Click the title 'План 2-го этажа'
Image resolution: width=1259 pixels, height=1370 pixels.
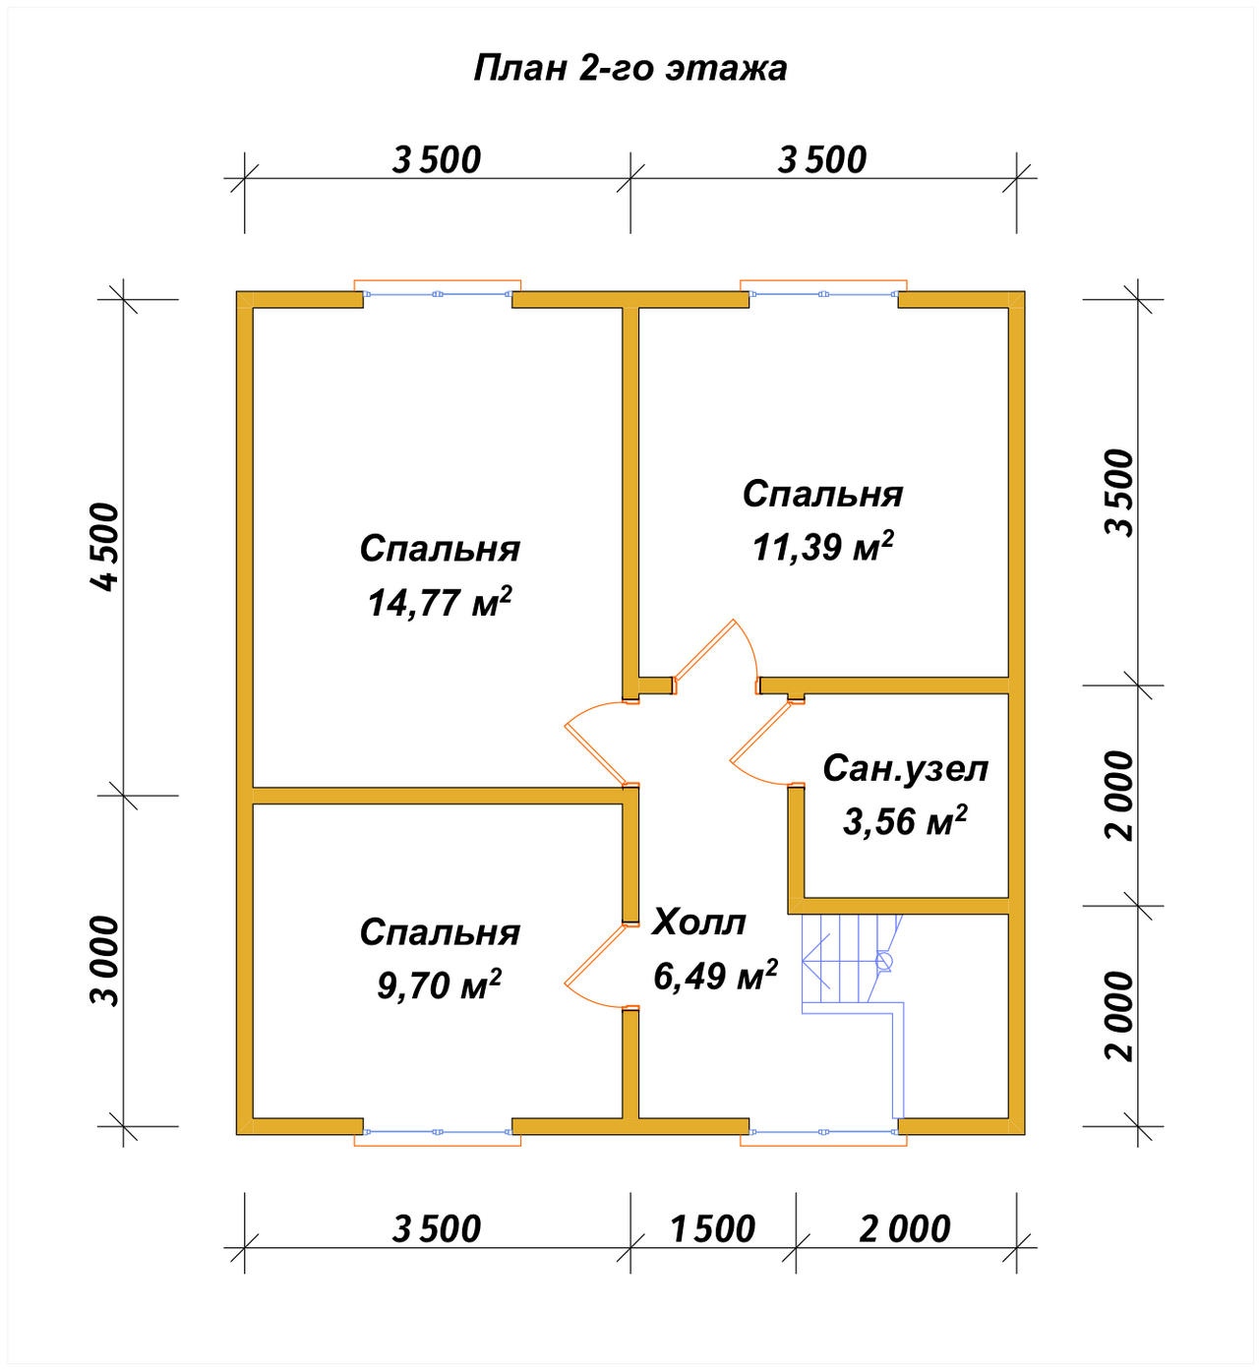tap(629, 68)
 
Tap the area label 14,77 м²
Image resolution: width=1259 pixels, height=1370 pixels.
tap(440, 602)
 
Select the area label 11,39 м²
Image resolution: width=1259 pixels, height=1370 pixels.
tap(823, 547)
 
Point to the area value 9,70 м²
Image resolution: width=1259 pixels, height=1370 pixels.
tap(440, 984)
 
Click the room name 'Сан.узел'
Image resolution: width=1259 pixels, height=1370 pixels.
tap(905, 768)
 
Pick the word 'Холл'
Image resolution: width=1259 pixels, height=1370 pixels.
tap(698, 923)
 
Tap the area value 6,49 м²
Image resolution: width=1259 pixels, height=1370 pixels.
tap(715, 976)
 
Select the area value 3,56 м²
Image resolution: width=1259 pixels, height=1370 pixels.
tap(905, 821)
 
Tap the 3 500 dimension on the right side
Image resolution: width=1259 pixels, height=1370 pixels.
tap(1119, 493)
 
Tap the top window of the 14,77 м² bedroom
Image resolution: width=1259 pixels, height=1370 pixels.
tap(437, 294)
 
